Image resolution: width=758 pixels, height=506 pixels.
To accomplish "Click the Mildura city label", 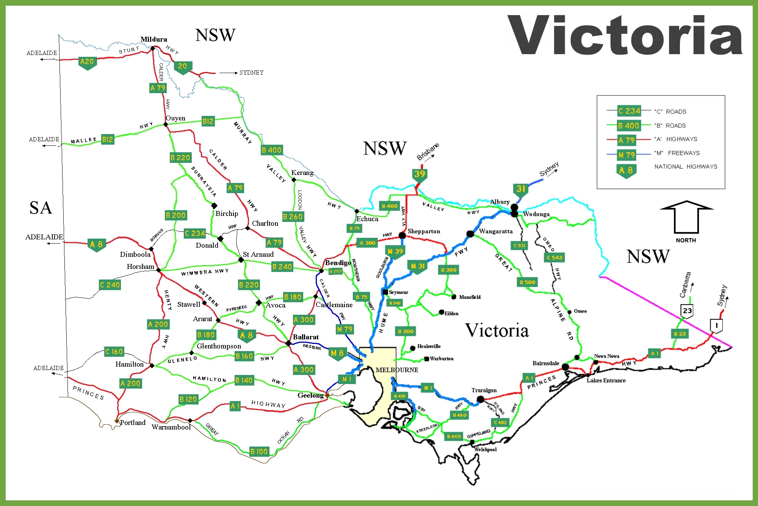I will click(x=153, y=39).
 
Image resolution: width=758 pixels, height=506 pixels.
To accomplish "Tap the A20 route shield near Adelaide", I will click(x=87, y=62).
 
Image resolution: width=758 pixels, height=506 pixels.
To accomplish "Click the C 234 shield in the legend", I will click(x=629, y=111).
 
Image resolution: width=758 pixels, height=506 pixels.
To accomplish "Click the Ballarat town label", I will click(x=305, y=337).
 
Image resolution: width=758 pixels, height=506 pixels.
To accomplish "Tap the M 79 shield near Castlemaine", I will click(x=345, y=330).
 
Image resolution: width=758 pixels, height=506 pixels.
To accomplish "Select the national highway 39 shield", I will click(x=420, y=174).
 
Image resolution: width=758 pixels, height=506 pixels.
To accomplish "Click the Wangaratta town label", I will click(x=495, y=231).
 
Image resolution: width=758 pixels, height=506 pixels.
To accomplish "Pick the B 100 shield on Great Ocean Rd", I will click(x=259, y=451).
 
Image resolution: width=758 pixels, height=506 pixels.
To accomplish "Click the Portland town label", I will click(x=133, y=422).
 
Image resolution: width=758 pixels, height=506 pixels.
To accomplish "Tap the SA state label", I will click(x=41, y=208).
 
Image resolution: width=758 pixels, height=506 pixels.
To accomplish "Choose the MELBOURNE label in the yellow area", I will click(x=397, y=370).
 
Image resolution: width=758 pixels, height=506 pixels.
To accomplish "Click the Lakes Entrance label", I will click(x=606, y=380).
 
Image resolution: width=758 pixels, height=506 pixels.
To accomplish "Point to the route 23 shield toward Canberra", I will click(x=687, y=311).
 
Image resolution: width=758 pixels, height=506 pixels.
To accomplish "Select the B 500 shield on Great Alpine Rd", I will click(x=528, y=282).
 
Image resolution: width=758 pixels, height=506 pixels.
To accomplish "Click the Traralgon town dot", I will click(x=480, y=399).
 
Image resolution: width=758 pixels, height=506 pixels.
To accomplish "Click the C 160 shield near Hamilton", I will click(x=114, y=351).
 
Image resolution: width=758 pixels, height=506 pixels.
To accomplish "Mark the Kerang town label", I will click(x=302, y=173).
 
